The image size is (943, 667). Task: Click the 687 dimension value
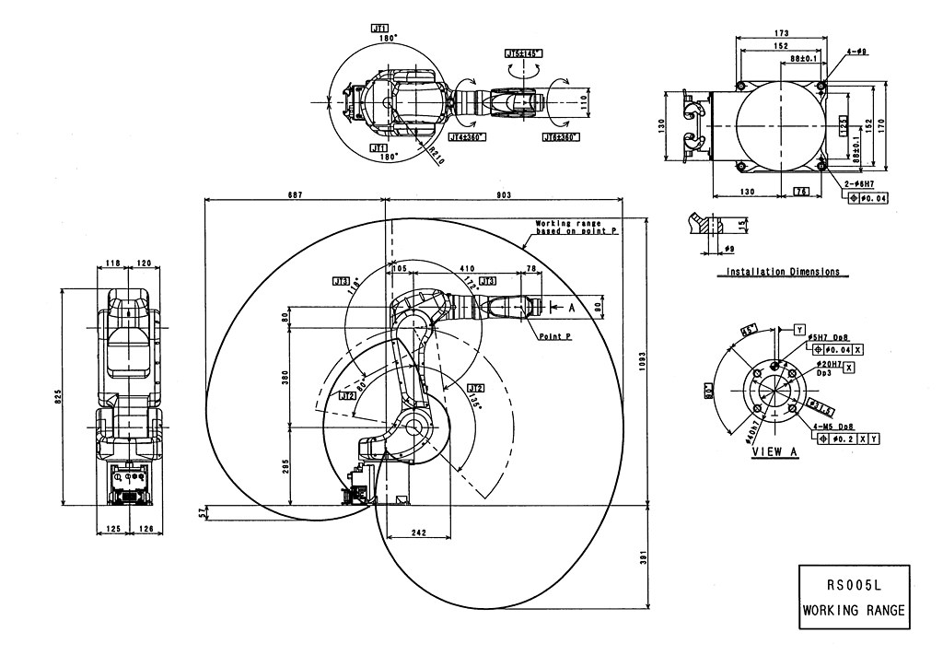294,194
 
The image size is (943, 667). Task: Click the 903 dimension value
504,194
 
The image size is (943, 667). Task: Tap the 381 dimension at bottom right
642,556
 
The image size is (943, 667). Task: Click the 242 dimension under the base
418,532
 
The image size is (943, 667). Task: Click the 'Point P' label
556,337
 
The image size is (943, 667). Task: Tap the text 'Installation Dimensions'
782,272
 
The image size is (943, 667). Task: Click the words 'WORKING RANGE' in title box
854,610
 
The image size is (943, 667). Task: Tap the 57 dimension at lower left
204,512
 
